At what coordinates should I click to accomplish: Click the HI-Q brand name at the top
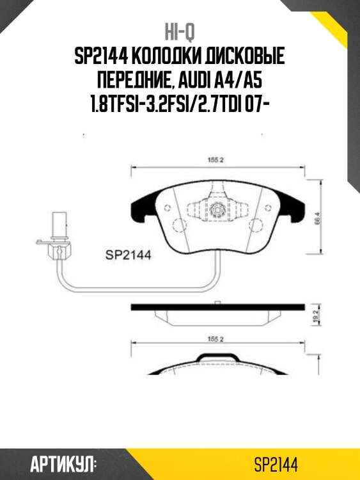(179, 31)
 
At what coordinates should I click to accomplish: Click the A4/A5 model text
(246, 81)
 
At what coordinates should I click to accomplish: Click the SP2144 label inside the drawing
(127, 255)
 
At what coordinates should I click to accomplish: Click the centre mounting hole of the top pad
(216, 208)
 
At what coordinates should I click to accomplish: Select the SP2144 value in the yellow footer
(276, 463)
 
